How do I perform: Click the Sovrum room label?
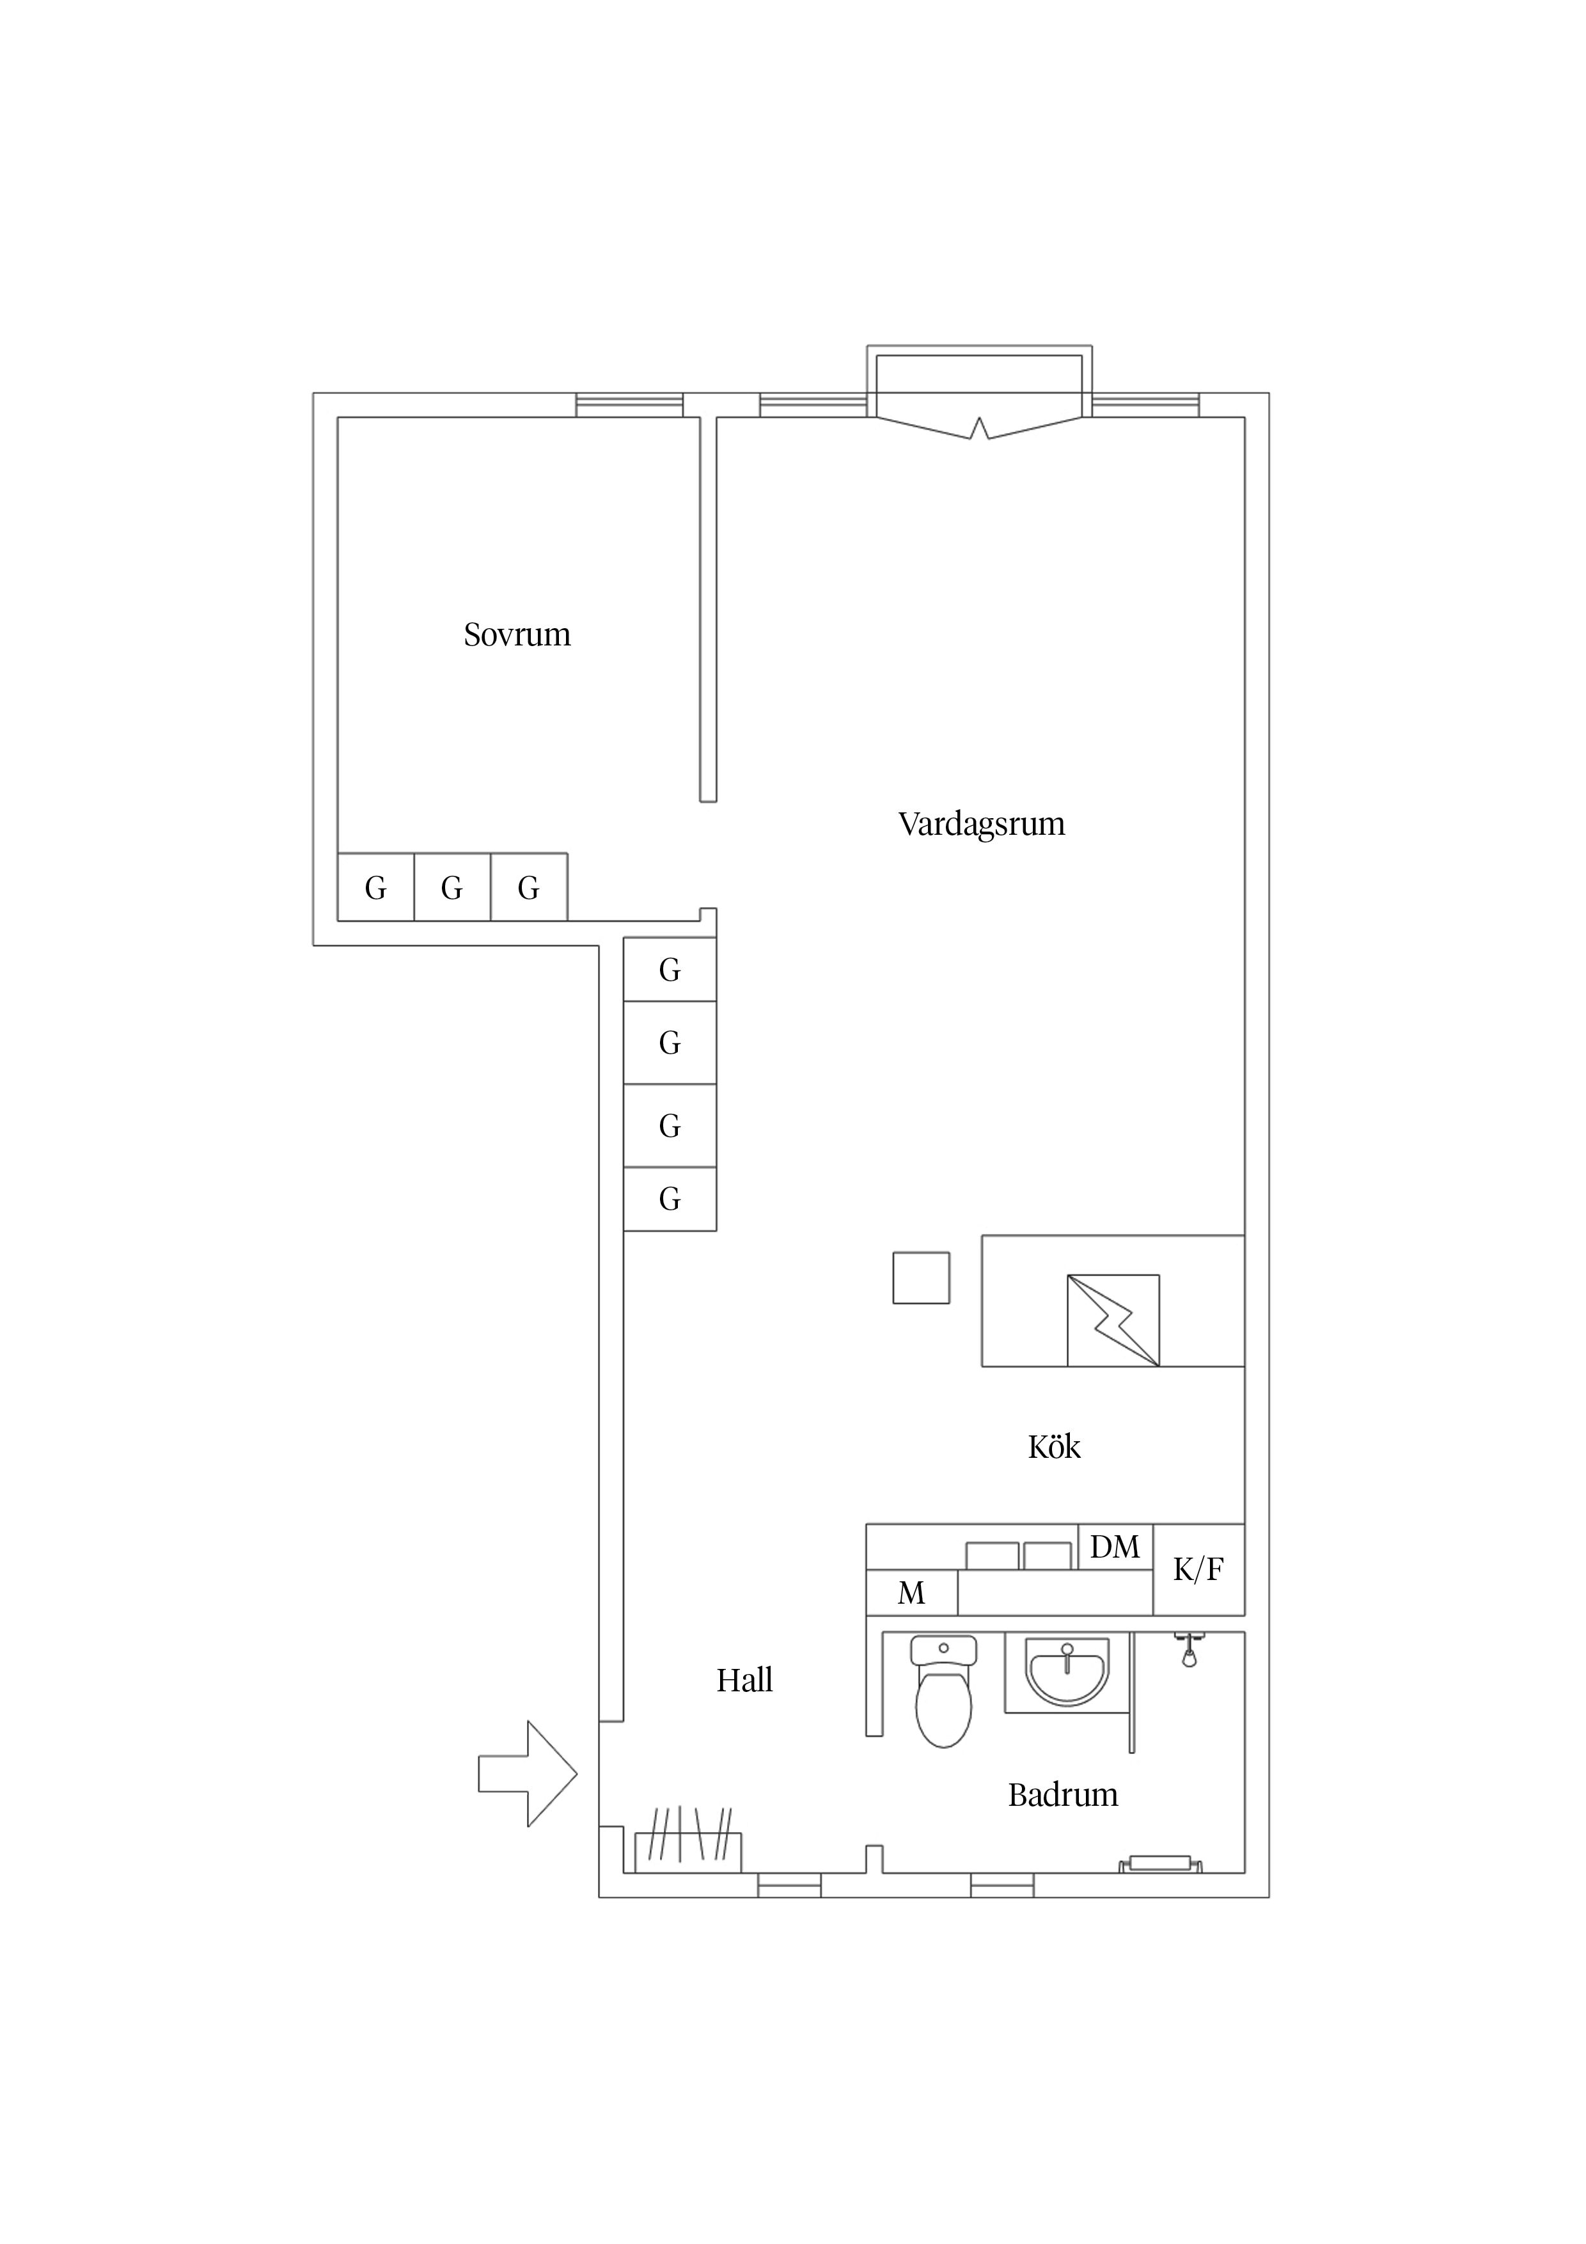(517, 635)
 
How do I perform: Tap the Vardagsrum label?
(981, 824)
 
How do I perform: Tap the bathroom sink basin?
(1067, 1671)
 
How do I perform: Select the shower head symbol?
(1189, 1651)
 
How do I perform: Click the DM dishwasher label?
(1115, 1547)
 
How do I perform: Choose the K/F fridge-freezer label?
(1198, 1570)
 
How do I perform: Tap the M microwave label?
(911, 1594)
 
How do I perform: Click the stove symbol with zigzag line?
(1113, 1320)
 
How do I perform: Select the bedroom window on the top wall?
(629, 405)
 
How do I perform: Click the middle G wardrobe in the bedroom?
(452, 887)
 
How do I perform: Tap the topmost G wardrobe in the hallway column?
(670, 970)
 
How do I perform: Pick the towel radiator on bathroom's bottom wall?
(1160, 1864)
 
